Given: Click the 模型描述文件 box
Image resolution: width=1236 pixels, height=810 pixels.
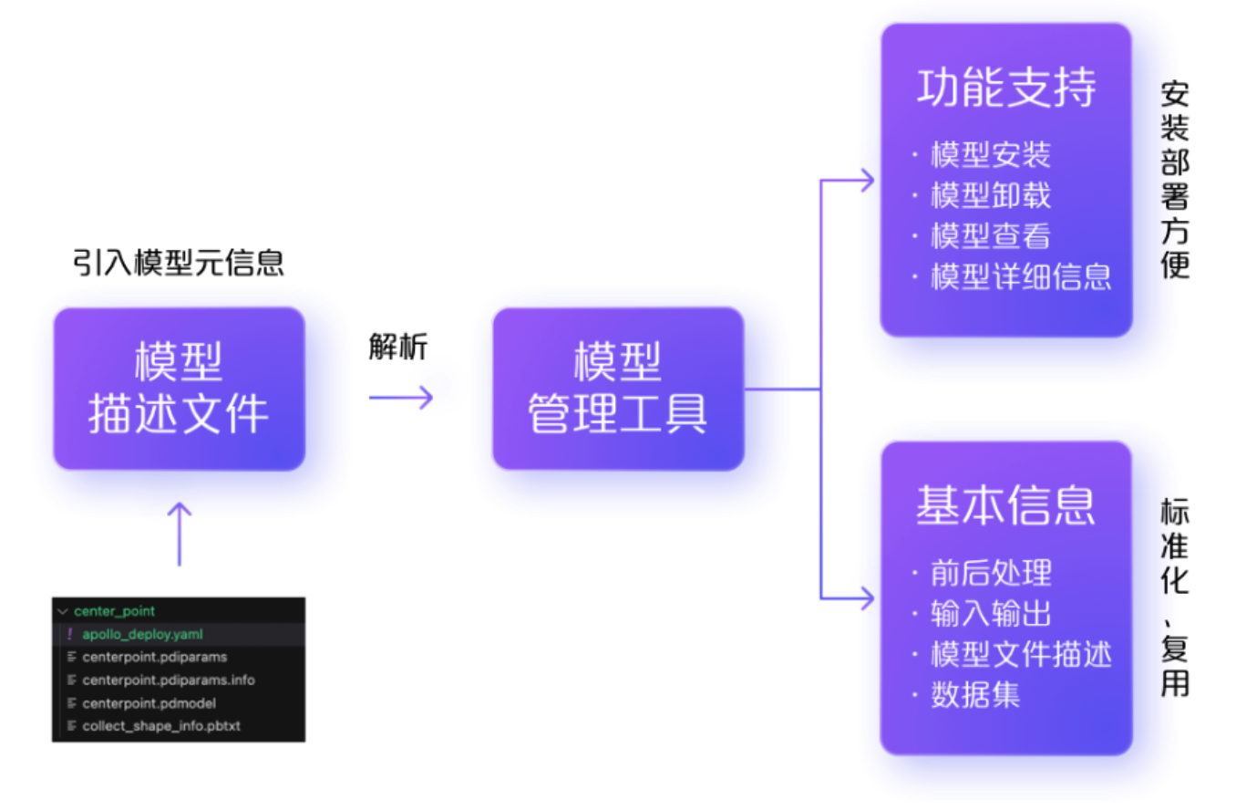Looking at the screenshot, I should [x=179, y=389].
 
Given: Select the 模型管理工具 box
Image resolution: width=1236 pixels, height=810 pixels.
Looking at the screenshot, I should [x=618, y=389].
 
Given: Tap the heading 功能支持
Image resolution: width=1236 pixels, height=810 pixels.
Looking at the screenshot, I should [x=1005, y=89].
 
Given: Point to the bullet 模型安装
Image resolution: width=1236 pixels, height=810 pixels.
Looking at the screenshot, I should [x=991, y=155].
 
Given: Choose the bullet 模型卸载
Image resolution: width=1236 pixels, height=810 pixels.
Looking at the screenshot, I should [x=991, y=196].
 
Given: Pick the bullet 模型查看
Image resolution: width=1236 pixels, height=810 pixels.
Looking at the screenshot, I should [x=991, y=236].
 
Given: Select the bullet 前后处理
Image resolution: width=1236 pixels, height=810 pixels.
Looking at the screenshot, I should [x=991, y=573].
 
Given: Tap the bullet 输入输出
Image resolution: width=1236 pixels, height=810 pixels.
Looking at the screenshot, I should [x=991, y=613].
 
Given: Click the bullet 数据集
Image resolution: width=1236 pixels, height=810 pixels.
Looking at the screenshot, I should [x=975, y=695].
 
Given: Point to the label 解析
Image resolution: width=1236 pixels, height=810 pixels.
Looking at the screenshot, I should [x=398, y=347].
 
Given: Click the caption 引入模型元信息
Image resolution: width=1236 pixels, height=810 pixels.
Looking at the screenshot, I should [x=179, y=263].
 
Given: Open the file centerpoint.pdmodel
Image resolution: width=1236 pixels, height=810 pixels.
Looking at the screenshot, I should [x=149, y=703].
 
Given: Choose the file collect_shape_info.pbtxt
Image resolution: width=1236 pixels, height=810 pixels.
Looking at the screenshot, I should [x=160, y=726].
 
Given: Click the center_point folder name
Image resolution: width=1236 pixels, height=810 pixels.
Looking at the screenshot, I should [x=114, y=611].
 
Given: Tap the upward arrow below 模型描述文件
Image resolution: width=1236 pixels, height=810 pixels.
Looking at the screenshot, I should [x=179, y=533].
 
